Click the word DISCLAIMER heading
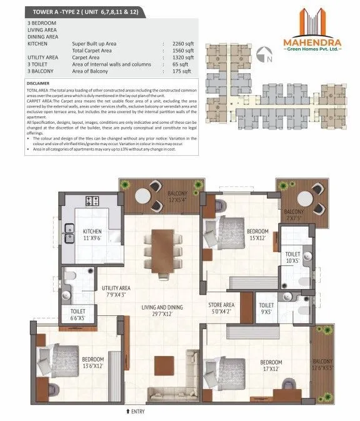point(41,83)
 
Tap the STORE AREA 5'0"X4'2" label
point(221,308)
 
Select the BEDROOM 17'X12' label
point(271,366)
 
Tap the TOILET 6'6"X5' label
point(78,313)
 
